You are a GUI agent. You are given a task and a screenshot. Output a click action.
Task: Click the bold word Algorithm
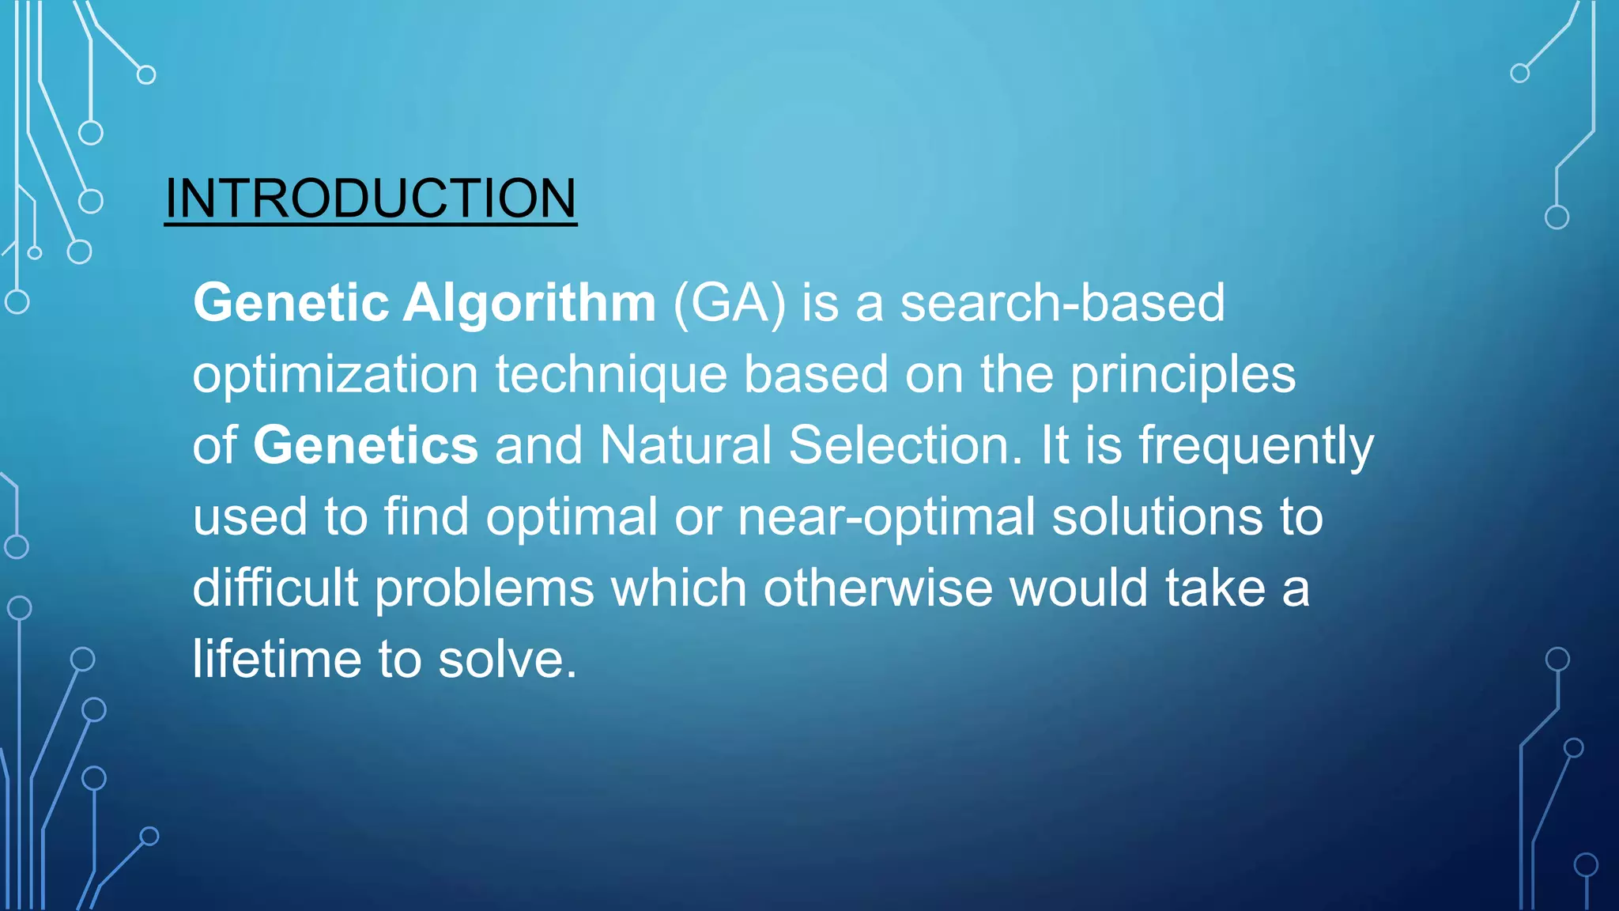[x=529, y=303]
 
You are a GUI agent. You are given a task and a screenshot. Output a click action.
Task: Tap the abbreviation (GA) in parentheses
[x=729, y=303]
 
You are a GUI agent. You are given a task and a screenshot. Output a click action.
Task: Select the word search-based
[x=1062, y=303]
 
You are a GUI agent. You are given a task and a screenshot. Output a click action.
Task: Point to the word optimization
[x=335, y=374]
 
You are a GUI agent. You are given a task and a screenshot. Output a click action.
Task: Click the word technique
[x=610, y=374]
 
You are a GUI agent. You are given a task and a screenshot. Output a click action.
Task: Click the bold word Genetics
[x=365, y=445]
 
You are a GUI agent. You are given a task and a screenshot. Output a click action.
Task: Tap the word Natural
[x=685, y=445]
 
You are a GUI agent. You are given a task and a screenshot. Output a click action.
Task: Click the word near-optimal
[x=885, y=517]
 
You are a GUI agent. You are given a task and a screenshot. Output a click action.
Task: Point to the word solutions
[x=1157, y=517]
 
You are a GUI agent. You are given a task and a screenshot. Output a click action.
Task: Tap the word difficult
[x=275, y=588]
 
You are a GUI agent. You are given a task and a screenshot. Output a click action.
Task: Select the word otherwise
[x=877, y=588]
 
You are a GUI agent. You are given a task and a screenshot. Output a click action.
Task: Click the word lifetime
[x=277, y=660]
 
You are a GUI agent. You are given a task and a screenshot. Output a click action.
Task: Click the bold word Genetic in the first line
[x=291, y=303]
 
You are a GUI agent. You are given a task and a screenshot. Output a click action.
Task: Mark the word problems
[x=484, y=588]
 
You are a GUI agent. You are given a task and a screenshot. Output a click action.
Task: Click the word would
[x=1078, y=588]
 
